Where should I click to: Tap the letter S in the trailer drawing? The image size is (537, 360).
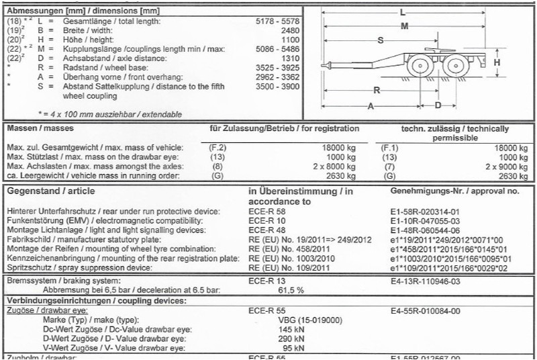pos(381,41)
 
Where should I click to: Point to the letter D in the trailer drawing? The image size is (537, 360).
pos(437,105)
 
